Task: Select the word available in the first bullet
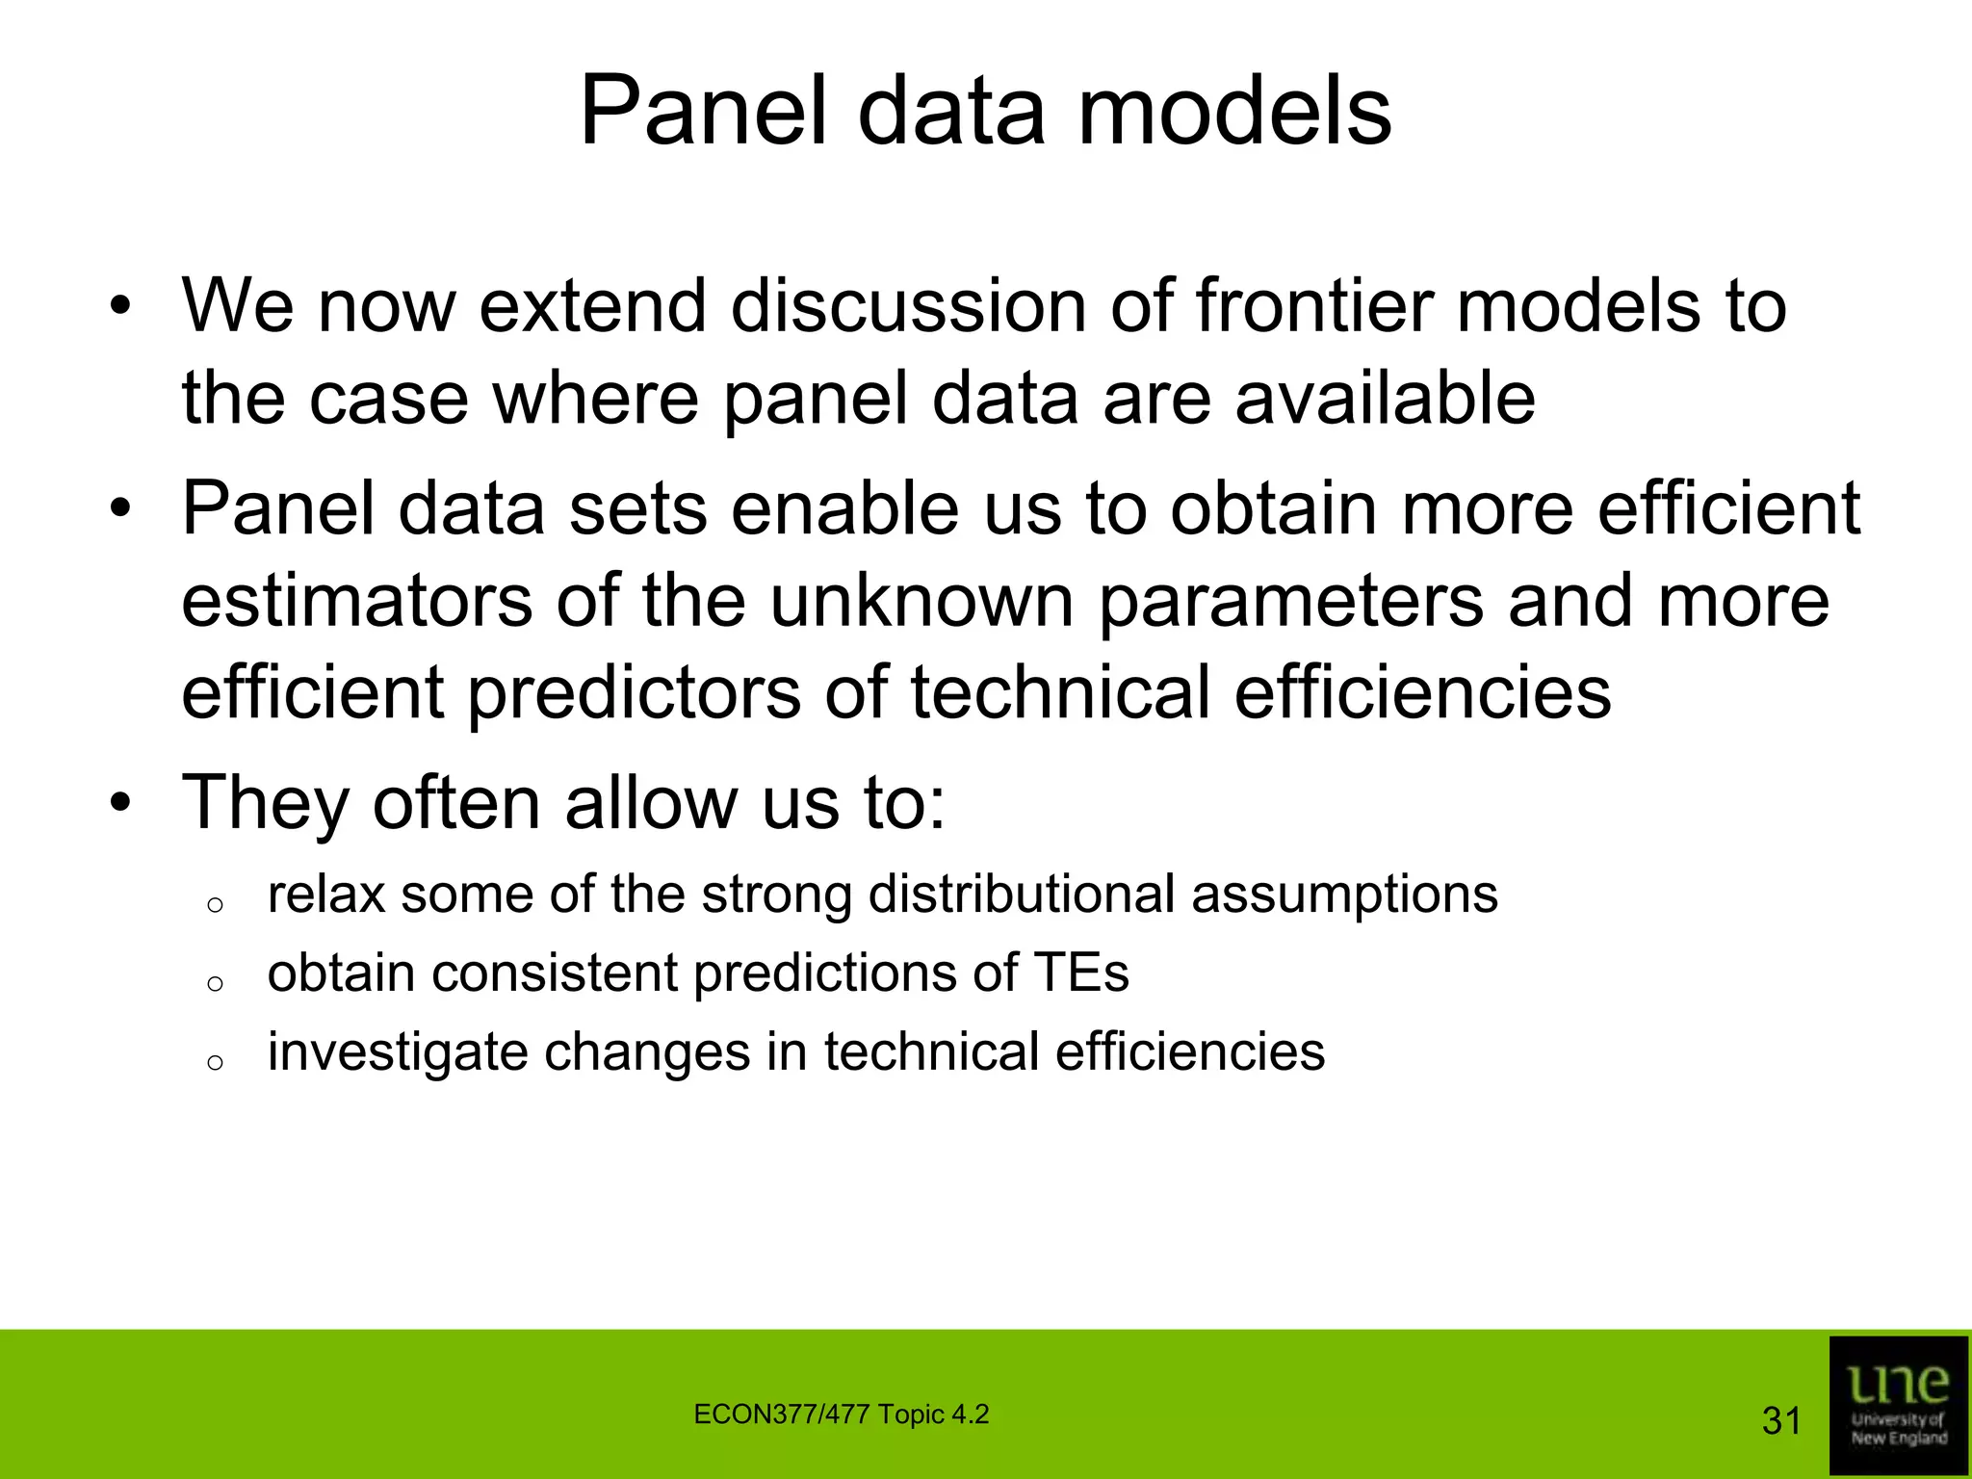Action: [1385, 399]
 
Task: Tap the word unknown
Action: [921, 601]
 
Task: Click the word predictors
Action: [634, 694]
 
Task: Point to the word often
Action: [455, 802]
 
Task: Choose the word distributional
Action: [1021, 895]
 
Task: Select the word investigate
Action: [396, 1051]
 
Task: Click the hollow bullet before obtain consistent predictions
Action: [216, 983]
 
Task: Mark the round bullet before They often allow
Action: [118, 802]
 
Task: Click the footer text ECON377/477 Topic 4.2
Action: [841, 1414]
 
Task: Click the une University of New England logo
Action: [1898, 1404]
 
